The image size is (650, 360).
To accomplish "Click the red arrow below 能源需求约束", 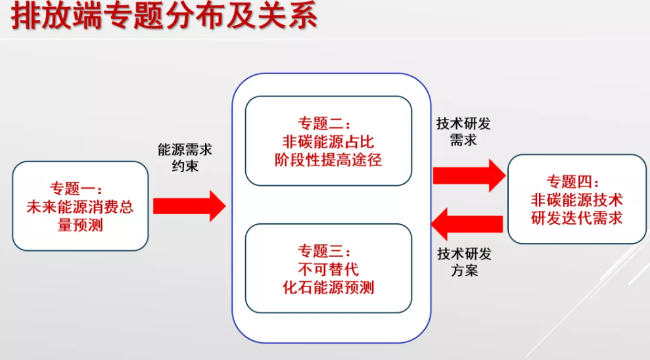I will [x=189, y=206].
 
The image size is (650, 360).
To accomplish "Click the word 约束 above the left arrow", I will [x=185, y=166].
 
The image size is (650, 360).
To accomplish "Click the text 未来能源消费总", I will [x=80, y=208].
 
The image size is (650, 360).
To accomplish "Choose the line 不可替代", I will [x=328, y=269].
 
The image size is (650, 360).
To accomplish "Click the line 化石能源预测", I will [x=328, y=287].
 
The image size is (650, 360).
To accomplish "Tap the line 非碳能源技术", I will [x=576, y=200].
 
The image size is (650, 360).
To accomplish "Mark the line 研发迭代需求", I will [x=576, y=217].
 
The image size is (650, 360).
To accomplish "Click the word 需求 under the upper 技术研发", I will [x=463, y=141].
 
